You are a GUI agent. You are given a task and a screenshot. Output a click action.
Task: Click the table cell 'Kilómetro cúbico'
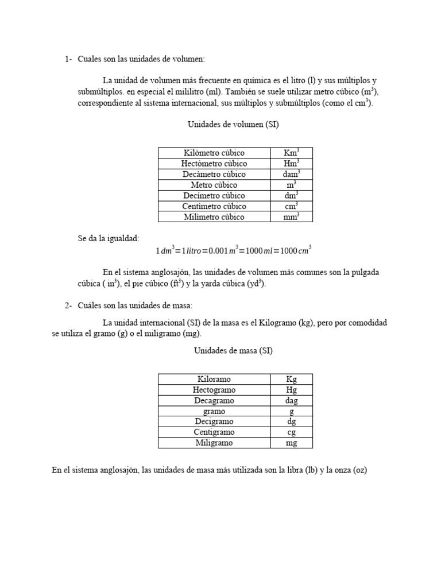click(x=214, y=153)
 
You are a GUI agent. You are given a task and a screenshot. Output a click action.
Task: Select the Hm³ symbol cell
click(x=291, y=164)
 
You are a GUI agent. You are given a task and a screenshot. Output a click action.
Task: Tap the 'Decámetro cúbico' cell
click(x=214, y=174)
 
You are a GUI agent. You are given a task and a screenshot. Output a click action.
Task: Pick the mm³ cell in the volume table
click(x=291, y=217)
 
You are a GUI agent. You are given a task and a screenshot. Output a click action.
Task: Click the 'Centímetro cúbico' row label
click(x=214, y=206)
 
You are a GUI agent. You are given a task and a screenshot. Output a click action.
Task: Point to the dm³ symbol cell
click(x=291, y=195)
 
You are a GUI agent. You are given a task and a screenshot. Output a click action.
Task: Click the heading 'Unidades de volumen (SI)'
click(x=233, y=124)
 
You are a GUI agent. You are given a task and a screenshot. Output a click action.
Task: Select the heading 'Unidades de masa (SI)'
click(x=233, y=350)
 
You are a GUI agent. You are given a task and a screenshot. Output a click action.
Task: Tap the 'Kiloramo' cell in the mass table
click(x=214, y=379)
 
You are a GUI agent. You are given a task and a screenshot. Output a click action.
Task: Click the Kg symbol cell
click(x=291, y=379)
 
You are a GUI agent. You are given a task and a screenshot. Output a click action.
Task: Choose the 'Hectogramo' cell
click(x=214, y=390)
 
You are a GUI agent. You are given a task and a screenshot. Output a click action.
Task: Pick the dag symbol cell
click(x=291, y=401)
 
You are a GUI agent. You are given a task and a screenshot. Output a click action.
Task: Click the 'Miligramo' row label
click(x=214, y=443)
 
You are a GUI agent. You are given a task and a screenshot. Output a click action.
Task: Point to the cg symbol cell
click(x=291, y=432)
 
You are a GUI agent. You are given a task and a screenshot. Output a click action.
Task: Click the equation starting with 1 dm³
click(x=233, y=250)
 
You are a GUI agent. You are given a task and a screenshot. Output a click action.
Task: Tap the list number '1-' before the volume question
click(x=68, y=59)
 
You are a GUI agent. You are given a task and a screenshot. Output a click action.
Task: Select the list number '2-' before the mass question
click(x=68, y=305)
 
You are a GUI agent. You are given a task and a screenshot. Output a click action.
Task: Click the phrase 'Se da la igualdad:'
click(x=109, y=238)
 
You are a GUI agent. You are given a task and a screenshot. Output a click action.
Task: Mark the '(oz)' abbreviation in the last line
click(x=359, y=470)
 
